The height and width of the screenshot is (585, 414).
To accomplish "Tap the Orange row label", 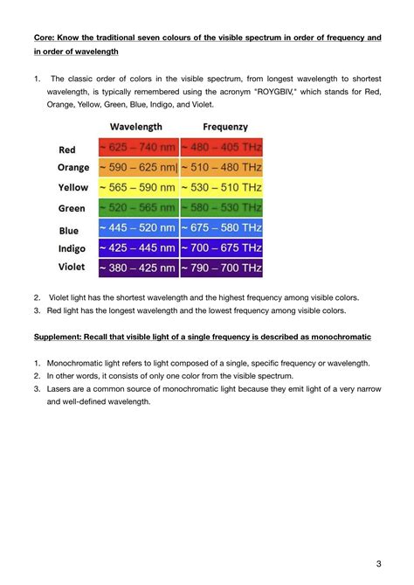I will tap(73, 167).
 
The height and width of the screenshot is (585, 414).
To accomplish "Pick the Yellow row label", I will tap(73, 187).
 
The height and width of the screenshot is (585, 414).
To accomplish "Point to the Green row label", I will tap(72, 208).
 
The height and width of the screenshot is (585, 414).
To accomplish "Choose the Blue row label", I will tap(69, 231).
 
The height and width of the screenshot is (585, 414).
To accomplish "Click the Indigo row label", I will tap(72, 248).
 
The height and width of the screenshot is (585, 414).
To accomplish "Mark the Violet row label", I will tap(72, 267).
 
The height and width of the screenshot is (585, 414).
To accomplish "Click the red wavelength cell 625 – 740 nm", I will tap(138, 147).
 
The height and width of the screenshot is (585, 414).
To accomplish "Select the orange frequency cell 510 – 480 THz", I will tap(222, 167).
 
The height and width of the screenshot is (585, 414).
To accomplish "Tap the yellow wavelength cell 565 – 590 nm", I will tap(138, 187).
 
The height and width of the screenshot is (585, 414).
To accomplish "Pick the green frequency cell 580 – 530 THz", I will tap(222, 207).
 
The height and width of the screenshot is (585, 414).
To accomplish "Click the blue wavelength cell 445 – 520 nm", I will tap(138, 227).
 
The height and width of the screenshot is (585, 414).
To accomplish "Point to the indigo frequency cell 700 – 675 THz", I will tap(222, 247).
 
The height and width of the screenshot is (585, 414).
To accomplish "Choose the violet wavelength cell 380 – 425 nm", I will tap(138, 268).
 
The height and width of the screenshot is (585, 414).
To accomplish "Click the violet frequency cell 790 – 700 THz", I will tap(222, 268).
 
